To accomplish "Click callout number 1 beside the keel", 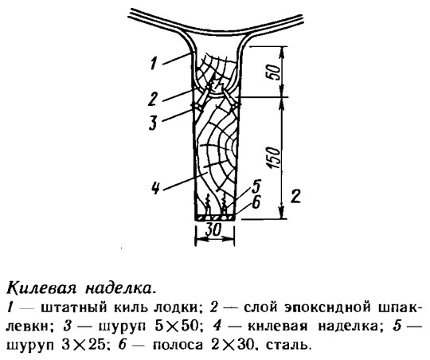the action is pyautogui.click(x=154, y=63).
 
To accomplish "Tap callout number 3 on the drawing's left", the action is pyautogui.click(x=153, y=123).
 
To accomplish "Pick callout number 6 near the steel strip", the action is pyautogui.click(x=256, y=202).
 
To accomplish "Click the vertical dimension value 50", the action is pyautogui.click(x=276, y=72).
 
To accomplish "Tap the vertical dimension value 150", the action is pyautogui.click(x=273, y=158).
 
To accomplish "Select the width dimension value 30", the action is pyautogui.click(x=213, y=230).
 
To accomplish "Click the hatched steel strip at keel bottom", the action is pyautogui.click(x=215, y=217).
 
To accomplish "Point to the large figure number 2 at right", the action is pyautogui.click(x=295, y=196).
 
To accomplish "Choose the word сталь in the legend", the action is pyautogui.click(x=288, y=345).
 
